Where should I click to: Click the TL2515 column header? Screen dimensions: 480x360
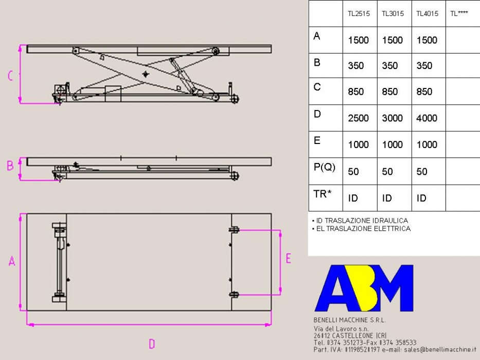pyautogui.click(x=359, y=13)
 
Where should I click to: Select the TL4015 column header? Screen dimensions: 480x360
pyautogui.click(x=427, y=13)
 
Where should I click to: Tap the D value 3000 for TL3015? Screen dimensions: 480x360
pyautogui.click(x=393, y=118)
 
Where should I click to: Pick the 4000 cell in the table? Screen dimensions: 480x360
pyautogui.click(x=426, y=118)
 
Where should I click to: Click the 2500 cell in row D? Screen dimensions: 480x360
pyautogui.click(x=358, y=118)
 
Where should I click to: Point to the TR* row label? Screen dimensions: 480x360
pyautogui.click(x=323, y=193)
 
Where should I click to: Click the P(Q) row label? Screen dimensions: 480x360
pyautogui.click(x=325, y=167)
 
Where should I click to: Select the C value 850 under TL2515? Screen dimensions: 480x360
pyautogui.click(x=355, y=92)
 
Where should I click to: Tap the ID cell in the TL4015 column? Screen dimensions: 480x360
pyautogui.click(x=421, y=198)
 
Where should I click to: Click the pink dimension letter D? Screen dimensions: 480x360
pyautogui.click(x=152, y=344)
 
